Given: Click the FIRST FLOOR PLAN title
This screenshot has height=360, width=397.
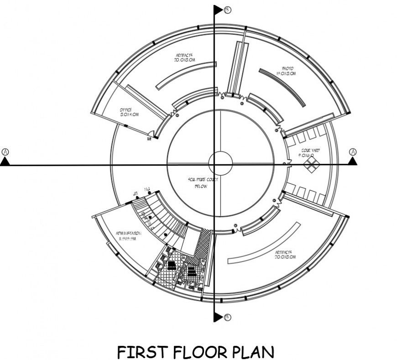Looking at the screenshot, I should pos(196,352).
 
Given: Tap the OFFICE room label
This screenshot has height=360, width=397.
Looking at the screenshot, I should pos(129,112).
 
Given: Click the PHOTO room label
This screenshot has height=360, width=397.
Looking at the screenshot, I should pos(287,71).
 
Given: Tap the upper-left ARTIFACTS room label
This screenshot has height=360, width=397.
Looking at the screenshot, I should pos(186,57).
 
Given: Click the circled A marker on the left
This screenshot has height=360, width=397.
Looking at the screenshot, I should pos(5,151).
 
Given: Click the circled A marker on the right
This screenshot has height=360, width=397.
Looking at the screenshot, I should pos(353,151).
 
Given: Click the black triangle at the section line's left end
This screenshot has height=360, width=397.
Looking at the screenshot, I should pos(5,161).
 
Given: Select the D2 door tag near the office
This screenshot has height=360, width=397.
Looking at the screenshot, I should pos(149,139).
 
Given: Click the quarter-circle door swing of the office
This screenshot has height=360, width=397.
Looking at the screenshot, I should pos(157,134).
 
